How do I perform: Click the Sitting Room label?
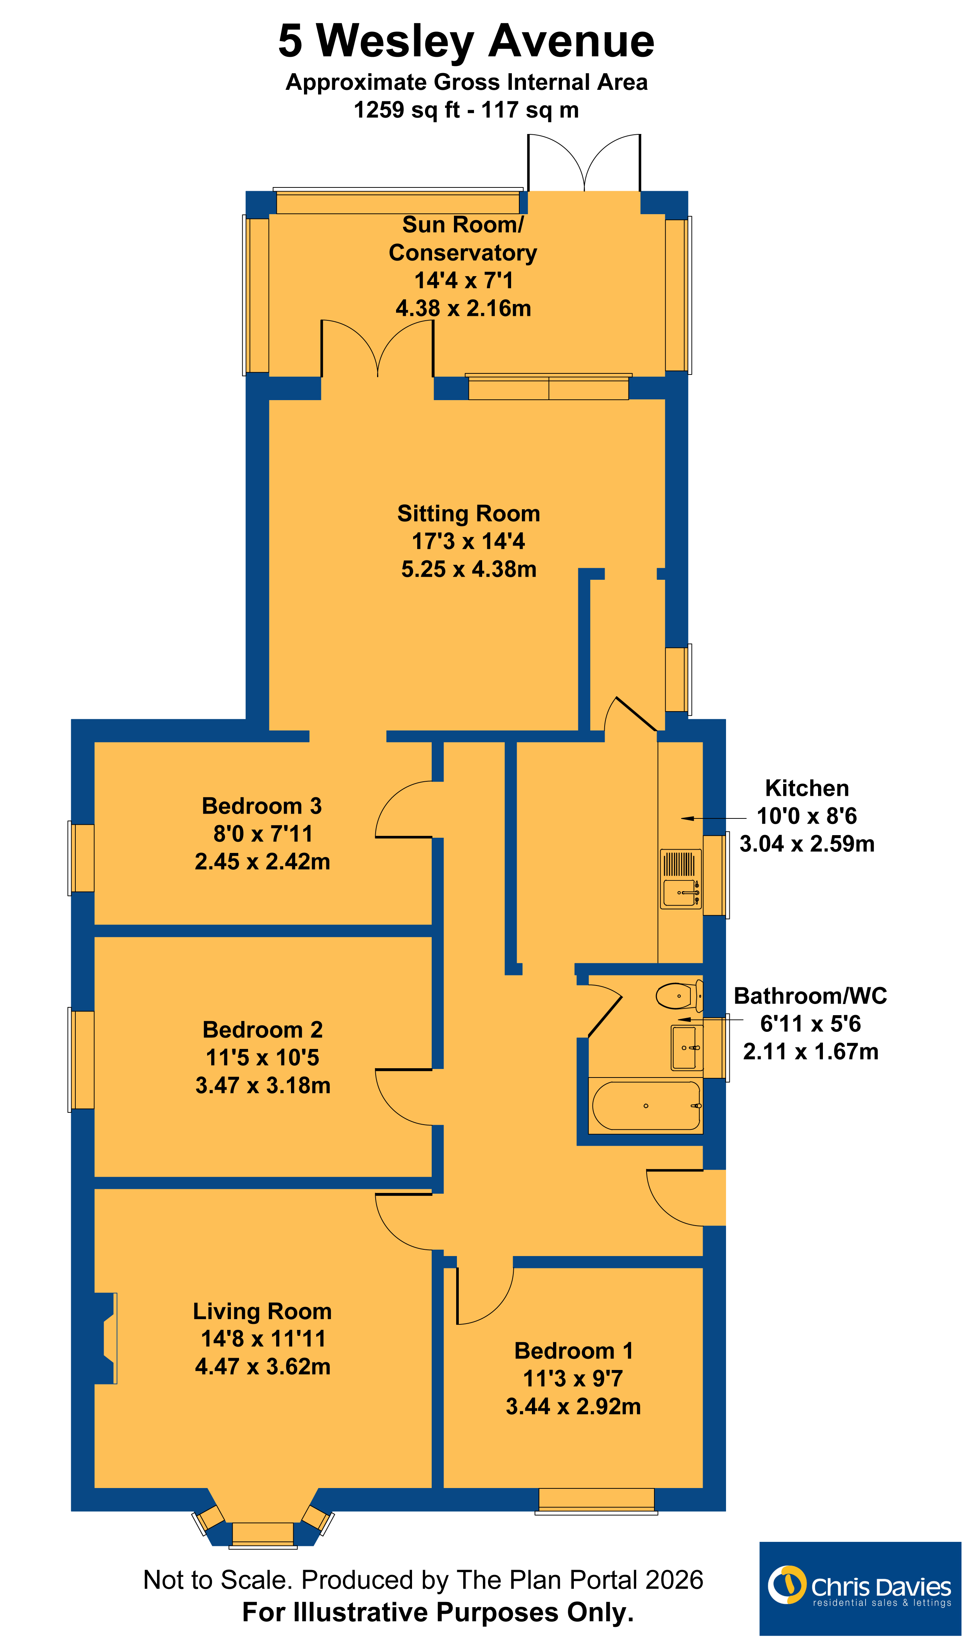coord(468,514)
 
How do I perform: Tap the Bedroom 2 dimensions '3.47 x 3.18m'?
coord(263,1085)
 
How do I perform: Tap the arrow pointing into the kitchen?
coord(713,818)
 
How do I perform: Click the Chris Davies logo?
coord(860,1589)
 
